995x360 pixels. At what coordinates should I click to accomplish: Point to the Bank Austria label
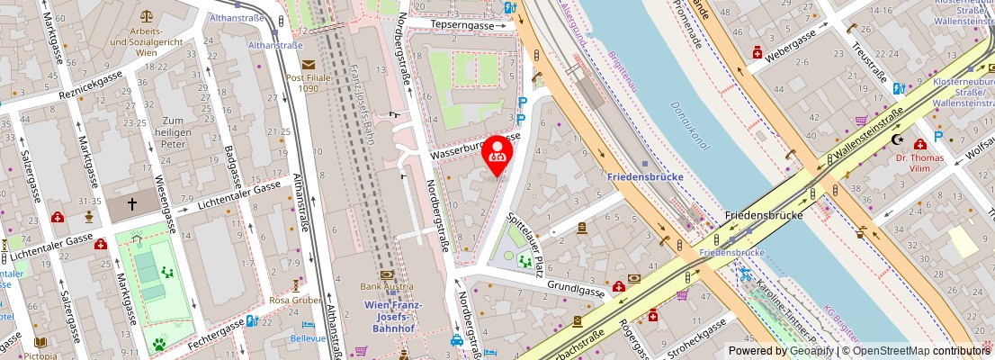(x=387, y=286)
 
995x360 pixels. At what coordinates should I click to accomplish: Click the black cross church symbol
(x=132, y=204)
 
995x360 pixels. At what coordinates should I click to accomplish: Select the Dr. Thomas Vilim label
(x=919, y=165)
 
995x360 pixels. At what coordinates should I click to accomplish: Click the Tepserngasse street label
(x=463, y=25)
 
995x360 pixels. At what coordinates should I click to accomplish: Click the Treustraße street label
(x=871, y=54)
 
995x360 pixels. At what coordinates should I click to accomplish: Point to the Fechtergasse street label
(x=213, y=333)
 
